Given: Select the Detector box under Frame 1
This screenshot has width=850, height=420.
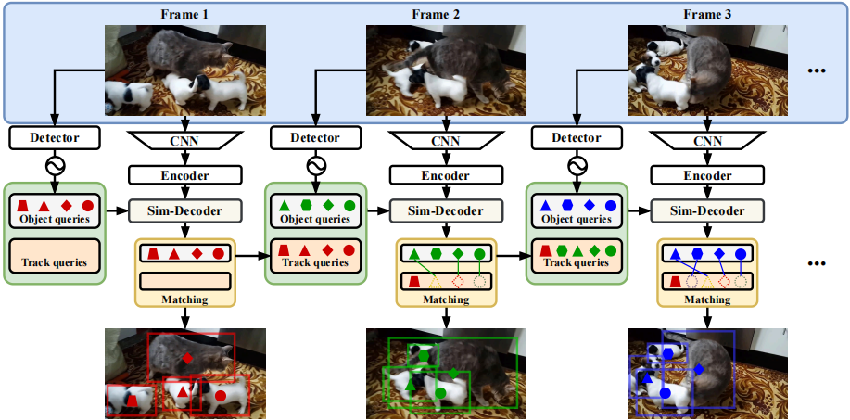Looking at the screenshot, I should (56, 138).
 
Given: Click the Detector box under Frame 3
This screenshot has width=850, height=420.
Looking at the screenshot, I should (577, 138).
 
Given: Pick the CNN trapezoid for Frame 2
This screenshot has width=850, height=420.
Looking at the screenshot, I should (447, 141).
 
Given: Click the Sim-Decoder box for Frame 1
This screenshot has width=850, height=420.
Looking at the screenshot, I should (184, 210).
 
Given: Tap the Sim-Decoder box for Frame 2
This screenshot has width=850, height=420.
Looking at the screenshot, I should (447, 210).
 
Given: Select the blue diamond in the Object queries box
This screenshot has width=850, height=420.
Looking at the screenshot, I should (590, 205).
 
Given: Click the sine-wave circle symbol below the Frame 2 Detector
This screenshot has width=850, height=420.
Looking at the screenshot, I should (316, 165).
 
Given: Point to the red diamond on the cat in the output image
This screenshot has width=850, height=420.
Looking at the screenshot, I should (187, 358).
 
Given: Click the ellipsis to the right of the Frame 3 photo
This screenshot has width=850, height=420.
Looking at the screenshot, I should (818, 71).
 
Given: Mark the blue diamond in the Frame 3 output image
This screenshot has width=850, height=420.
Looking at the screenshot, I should (698, 369).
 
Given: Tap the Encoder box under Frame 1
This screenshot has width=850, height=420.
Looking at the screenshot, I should (184, 175).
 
